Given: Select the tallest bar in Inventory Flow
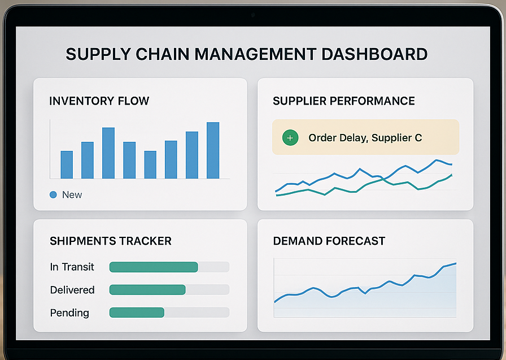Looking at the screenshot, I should click(213, 150).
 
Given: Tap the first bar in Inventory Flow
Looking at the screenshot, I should click(67, 164).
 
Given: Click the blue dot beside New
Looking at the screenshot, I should click(54, 195).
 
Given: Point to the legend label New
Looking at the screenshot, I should click(72, 195).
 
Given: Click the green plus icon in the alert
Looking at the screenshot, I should click(290, 137).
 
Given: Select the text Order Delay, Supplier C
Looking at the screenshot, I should click(365, 137).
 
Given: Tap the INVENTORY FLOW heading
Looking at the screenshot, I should click(99, 101).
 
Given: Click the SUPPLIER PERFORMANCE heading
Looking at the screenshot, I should click(343, 101).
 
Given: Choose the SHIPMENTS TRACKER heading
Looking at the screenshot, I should click(111, 241).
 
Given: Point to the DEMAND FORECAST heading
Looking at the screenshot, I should click(329, 241).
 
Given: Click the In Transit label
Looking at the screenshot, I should click(72, 267).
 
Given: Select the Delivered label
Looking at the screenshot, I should click(72, 290).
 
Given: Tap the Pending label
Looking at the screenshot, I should click(69, 313).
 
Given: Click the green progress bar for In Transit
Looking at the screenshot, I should click(153, 267).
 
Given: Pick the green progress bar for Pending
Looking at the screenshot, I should click(136, 313).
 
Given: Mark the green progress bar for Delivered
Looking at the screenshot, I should click(147, 290).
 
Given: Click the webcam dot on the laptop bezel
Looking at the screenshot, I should click(253, 15).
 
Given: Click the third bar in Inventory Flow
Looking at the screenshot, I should click(108, 153).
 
